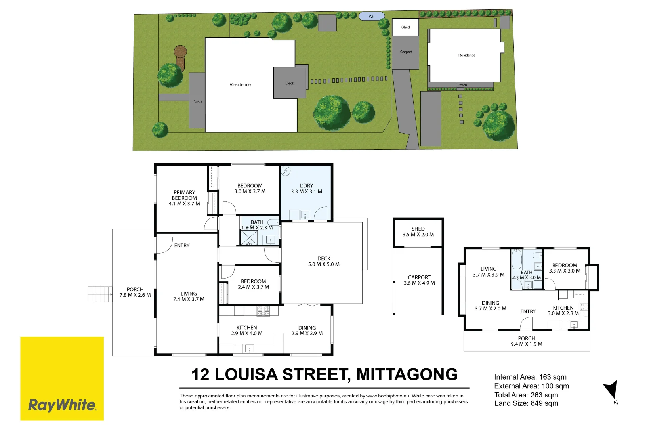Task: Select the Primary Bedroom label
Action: [184, 198]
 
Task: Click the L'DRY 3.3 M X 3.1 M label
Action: [306, 189]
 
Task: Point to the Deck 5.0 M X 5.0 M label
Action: [324, 261]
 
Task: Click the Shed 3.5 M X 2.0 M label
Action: [418, 232]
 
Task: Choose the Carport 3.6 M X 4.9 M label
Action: [419, 280]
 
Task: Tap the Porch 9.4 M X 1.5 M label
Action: [527, 341]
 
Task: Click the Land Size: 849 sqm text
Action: [526, 403]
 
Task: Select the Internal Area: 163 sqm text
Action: [530, 377]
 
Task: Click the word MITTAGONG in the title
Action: [407, 374]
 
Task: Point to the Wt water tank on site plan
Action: [371, 17]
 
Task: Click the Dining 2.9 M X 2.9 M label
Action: [307, 331]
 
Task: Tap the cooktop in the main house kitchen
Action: [263, 311]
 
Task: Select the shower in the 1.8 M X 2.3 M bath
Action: [249, 237]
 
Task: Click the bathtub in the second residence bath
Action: [516, 260]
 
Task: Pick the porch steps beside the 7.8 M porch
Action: [99, 294]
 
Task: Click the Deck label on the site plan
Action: [290, 83]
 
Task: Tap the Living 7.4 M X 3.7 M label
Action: [189, 296]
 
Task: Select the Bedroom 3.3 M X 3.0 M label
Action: [565, 268]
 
